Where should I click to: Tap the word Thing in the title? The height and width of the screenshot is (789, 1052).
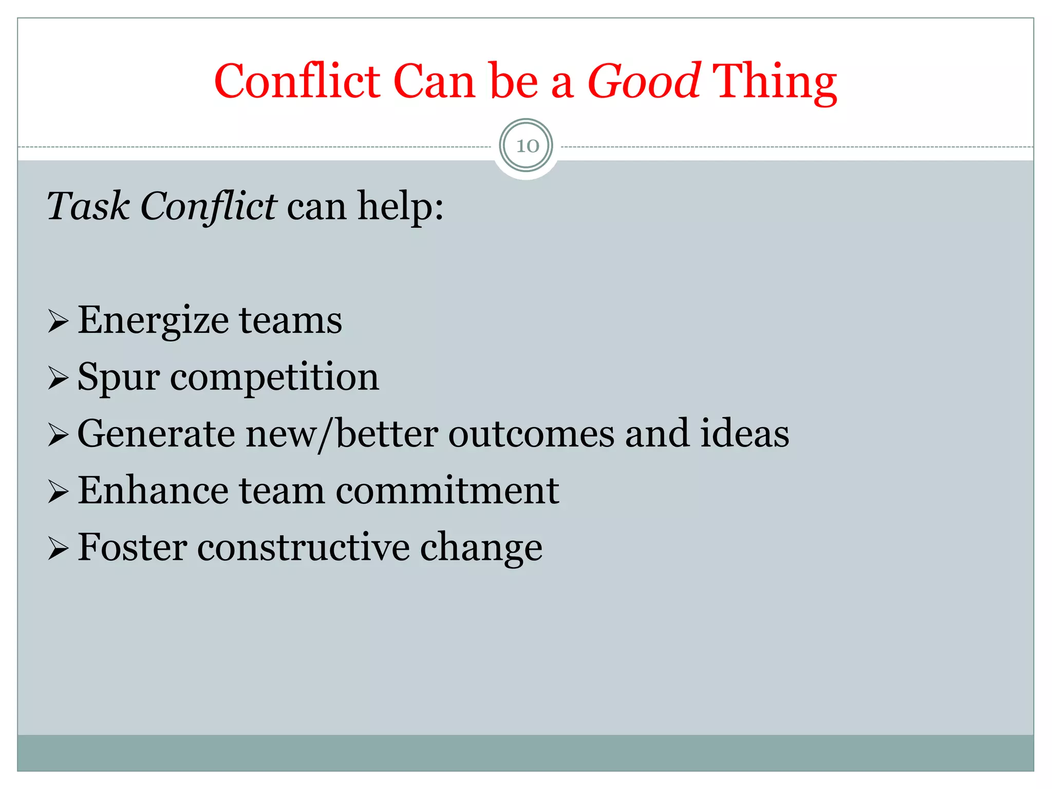[775, 82]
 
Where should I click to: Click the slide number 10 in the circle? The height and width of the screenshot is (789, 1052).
[527, 146]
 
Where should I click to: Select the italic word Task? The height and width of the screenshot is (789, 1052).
[88, 206]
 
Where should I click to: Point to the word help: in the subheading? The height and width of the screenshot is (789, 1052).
[400, 206]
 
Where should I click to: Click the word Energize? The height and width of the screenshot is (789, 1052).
[153, 321]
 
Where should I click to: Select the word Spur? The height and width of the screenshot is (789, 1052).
[119, 378]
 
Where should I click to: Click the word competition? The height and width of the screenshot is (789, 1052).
[274, 378]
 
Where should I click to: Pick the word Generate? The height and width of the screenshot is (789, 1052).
[156, 435]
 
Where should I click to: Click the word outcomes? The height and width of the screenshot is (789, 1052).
[531, 435]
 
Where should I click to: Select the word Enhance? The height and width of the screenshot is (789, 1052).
[153, 491]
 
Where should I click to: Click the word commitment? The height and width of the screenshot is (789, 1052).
[447, 491]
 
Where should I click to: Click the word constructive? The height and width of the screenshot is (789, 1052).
[303, 548]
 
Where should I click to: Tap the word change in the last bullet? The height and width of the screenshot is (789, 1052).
[481, 548]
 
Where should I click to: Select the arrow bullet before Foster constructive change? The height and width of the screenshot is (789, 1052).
[58, 549]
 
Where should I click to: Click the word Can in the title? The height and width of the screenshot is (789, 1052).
[434, 82]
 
